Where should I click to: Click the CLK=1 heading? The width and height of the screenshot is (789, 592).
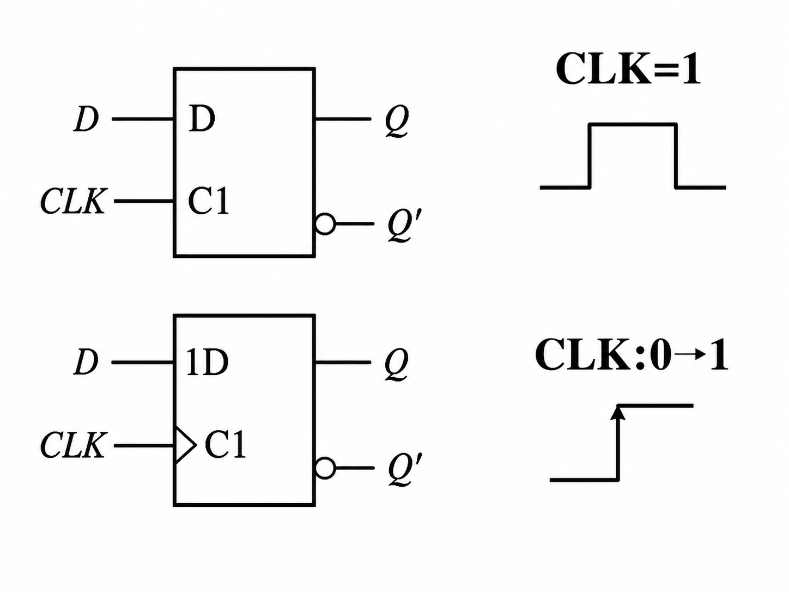628,68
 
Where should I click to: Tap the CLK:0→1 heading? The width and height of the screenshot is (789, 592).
632,355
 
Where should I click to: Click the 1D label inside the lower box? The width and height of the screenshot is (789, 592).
208,363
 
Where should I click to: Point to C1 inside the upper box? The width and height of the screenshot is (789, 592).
209,201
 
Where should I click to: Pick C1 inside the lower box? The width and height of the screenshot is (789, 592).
226,445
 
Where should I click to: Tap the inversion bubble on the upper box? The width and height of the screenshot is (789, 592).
325,224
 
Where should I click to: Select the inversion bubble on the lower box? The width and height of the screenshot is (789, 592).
325,468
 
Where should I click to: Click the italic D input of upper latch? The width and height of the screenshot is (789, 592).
86,119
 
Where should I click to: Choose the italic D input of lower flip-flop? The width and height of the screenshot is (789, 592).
86,363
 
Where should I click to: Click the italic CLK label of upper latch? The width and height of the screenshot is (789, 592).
74,201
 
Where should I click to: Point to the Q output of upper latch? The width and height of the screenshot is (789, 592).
397,121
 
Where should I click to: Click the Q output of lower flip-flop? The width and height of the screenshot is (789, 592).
397,364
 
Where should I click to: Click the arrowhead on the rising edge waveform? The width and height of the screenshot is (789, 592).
618,412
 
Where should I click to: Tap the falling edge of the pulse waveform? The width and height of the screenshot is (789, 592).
676,156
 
